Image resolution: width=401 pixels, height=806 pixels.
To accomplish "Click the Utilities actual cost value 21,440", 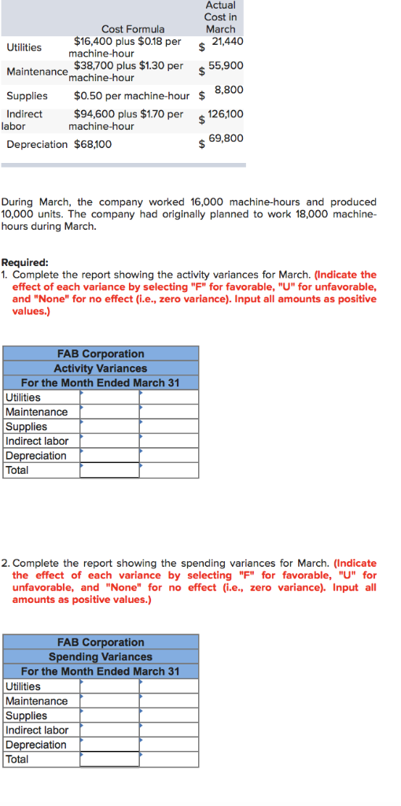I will (228, 41).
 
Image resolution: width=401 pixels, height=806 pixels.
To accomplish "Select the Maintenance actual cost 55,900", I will (226, 66).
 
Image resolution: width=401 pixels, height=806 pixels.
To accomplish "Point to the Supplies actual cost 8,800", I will (229, 90).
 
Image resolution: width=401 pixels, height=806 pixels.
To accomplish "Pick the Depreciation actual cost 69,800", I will (228, 139).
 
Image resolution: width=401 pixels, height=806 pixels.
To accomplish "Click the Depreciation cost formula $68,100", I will (93, 144).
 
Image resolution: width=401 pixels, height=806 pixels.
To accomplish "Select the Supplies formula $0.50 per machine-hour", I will (132, 96).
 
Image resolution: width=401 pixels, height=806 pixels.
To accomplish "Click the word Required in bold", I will (24, 263).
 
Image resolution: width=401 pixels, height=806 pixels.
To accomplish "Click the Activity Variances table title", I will (101, 368).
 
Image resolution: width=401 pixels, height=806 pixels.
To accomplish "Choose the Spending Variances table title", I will (101, 656).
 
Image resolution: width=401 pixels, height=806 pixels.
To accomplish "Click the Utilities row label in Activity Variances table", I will (23, 397).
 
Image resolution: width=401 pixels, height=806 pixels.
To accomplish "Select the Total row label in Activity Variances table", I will (17, 470).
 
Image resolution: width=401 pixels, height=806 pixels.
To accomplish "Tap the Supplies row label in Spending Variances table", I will (26, 715).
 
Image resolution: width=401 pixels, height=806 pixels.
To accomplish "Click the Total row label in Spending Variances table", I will (17, 759).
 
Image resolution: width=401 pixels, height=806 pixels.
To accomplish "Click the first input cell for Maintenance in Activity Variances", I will (109, 412).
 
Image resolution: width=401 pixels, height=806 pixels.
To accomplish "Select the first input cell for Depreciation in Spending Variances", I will (109, 745).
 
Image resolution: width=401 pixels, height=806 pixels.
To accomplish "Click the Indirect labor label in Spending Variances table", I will (36, 730).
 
